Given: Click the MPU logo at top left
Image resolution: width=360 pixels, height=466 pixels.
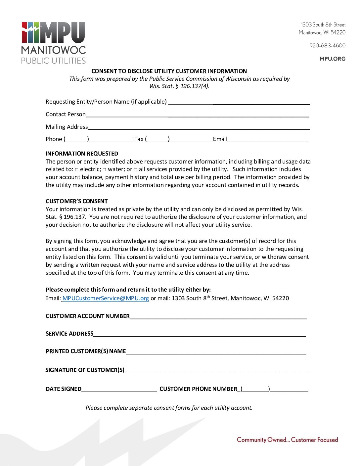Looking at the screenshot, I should point(53,43).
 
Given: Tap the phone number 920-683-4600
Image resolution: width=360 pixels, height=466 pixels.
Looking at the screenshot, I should point(327,46).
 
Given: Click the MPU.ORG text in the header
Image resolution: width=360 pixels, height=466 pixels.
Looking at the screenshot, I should point(332,59).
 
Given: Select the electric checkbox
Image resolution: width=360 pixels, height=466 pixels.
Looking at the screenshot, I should point(77,170).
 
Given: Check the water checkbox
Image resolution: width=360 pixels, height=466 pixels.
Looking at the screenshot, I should point(105,170).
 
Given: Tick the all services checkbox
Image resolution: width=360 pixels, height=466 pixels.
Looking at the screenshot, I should point(136,170).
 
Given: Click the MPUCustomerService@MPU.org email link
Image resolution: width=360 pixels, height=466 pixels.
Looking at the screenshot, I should point(105,298).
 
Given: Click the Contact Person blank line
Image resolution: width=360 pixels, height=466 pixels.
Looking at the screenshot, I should point(197,115).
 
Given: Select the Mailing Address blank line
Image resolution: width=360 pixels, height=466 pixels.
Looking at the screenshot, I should point(199,128).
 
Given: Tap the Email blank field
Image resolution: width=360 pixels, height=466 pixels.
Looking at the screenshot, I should point(267,140).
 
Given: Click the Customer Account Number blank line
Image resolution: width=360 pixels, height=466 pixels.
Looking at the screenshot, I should point(218,317).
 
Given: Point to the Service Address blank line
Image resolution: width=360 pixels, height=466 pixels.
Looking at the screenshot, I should point(200,335).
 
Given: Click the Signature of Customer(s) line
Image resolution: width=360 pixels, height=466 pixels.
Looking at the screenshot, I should point(216,371).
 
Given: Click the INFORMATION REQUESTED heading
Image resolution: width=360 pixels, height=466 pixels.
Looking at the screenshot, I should point(82,154).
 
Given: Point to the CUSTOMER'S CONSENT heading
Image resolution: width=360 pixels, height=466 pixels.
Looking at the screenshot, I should point(77,201).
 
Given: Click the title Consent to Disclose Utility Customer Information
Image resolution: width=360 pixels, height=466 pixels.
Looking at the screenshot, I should point(169,71).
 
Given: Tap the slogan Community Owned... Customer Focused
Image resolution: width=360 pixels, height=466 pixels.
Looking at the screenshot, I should point(287,440).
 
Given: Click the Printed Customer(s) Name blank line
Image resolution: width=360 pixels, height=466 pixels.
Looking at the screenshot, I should point(216,352).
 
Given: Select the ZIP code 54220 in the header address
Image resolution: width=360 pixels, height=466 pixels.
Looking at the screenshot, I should point(338,32).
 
